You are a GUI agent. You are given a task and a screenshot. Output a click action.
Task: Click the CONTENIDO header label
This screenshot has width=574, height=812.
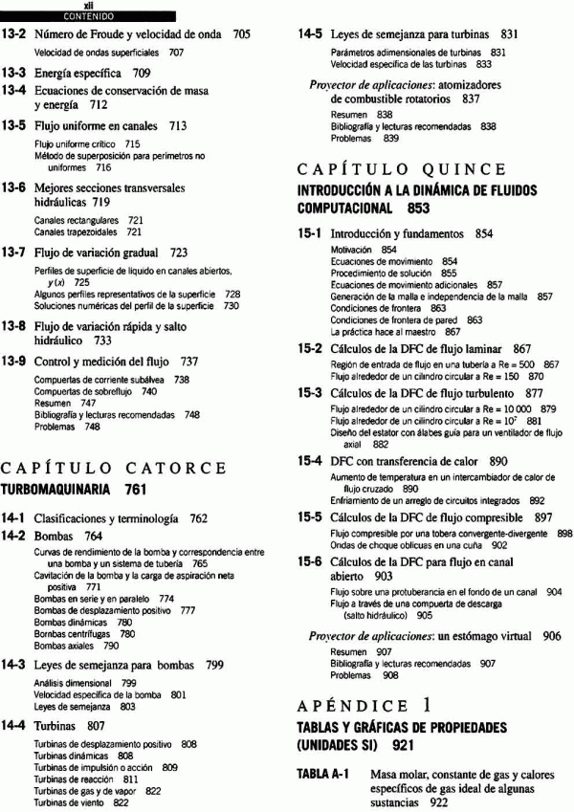tap(87, 15)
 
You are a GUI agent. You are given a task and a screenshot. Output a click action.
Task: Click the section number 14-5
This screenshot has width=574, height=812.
tap(309, 34)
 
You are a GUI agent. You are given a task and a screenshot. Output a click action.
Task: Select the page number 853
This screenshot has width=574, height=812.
tap(412, 208)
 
